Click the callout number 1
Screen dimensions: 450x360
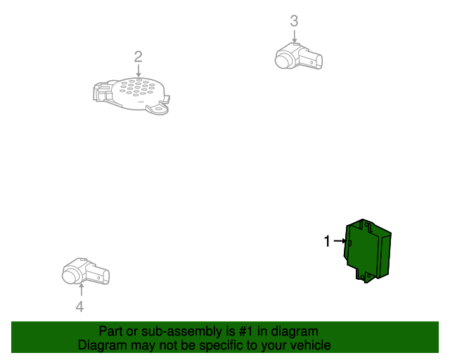(327, 241)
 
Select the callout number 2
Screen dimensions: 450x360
(138, 56)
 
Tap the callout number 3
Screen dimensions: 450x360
(294, 21)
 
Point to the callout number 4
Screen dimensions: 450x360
(79, 307)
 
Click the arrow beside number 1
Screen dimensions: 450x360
(340, 241)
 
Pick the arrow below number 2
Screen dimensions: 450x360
(139, 70)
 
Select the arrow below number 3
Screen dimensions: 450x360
(294, 36)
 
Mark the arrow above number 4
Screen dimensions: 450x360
(82, 290)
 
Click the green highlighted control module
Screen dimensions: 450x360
(367, 250)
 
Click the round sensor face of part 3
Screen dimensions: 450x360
(283, 60)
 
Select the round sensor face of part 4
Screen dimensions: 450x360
(70, 276)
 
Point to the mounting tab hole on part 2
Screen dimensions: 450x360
(158, 110)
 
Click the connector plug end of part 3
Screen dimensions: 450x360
(314, 61)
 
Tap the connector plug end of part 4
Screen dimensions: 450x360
(101, 276)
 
